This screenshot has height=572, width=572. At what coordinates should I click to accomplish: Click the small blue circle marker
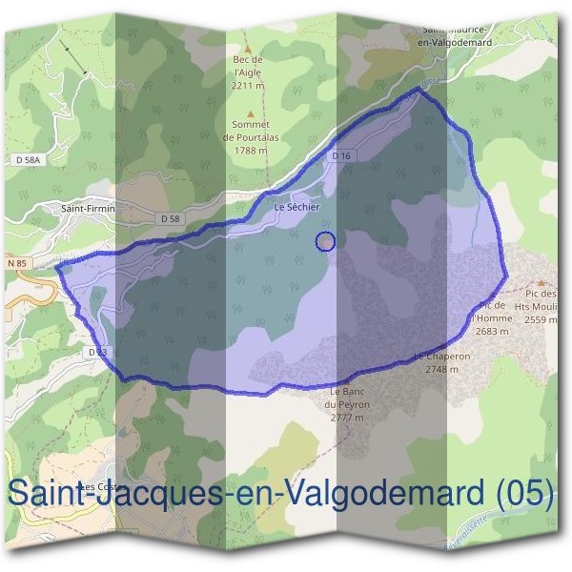325,242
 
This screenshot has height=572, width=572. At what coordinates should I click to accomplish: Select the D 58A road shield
30,161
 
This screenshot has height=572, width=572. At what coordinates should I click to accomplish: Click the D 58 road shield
171,219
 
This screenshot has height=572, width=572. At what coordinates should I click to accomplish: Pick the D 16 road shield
342,155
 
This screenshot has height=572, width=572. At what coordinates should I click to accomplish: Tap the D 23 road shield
95,352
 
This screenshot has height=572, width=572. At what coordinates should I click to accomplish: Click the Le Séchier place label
296,206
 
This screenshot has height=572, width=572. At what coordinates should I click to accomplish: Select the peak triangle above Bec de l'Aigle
248,49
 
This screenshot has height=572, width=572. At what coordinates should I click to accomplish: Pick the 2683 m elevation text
492,331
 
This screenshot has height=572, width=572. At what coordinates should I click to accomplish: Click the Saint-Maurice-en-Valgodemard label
461,35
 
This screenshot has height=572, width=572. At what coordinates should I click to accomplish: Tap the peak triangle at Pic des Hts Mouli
541,283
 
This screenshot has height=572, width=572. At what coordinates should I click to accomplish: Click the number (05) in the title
525,492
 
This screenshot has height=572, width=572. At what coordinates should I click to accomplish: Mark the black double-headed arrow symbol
73,58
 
